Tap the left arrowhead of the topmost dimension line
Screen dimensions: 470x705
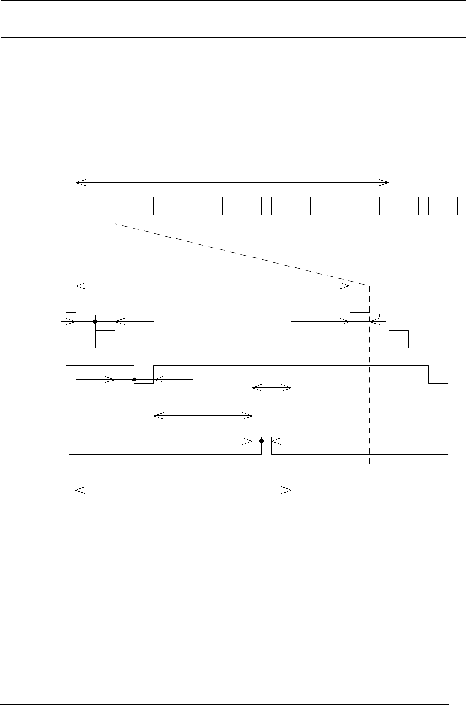tap(79, 181)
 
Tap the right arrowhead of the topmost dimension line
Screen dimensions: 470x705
tap(386, 181)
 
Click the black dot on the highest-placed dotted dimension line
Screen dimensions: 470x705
tap(96, 322)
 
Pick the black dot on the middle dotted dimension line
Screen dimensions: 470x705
tap(134, 380)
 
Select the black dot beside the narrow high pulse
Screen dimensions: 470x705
tap(261, 441)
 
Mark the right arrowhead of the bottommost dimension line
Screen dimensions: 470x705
tap(288, 489)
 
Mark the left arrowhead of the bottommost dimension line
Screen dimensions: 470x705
tap(79, 489)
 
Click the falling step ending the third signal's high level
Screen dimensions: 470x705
tap(429, 374)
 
